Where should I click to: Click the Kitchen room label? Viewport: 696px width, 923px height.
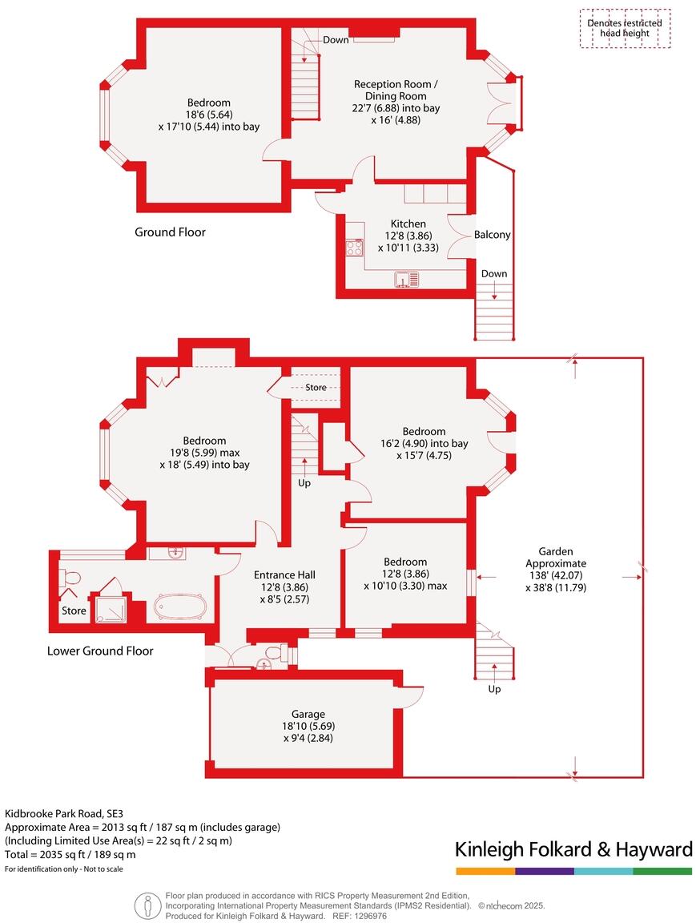click(408, 224)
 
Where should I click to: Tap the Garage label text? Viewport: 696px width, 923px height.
click(308, 714)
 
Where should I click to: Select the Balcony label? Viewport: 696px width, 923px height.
click(492, 235)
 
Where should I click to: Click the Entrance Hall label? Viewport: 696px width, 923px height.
click(284, 574)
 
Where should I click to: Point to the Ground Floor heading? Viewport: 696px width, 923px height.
click(170, 232)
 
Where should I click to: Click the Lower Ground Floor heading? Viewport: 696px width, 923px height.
click(100, 651)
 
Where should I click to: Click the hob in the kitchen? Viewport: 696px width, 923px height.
click(354, 248)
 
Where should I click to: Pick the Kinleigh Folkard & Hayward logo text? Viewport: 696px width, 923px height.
click(573, 849)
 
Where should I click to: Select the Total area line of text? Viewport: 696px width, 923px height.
click(70, 855)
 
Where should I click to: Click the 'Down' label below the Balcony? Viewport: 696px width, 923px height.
click(494, 274)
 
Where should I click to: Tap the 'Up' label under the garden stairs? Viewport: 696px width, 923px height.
click(494, 689)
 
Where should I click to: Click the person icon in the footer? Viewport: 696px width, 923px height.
click(147, 905)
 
